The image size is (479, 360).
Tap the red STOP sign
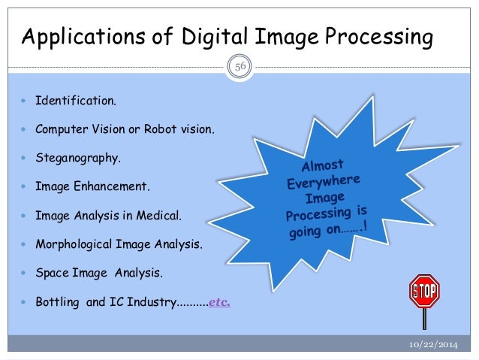pyautogui.click(x=423, y=290)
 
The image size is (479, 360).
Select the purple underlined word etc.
pyautogui.click(x=217, y=304)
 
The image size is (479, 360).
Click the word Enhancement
pyautogui.click(x=112, y=187)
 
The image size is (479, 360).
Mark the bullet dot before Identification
pyautogui.click(x=25, y=99)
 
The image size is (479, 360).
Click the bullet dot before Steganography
pyautogui.click(x=25, y=159)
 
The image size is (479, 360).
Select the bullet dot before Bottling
pyautogui.click(x=25, y=304)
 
